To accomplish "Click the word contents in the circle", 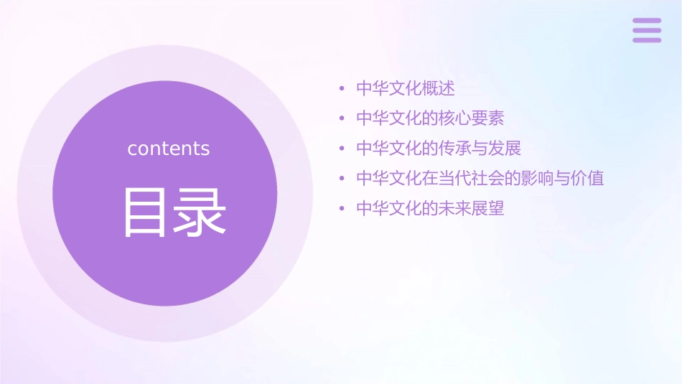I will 169,149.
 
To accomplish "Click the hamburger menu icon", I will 646,30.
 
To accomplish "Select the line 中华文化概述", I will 406,89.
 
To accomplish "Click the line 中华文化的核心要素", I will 430,118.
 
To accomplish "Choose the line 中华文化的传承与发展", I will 438,149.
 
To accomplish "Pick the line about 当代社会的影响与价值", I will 480,178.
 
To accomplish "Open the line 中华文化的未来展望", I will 430,209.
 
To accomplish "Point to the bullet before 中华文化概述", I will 342,90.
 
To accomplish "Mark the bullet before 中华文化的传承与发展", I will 342,149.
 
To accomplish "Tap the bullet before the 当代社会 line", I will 342,179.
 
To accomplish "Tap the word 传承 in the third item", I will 454,149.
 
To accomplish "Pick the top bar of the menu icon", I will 646,21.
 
